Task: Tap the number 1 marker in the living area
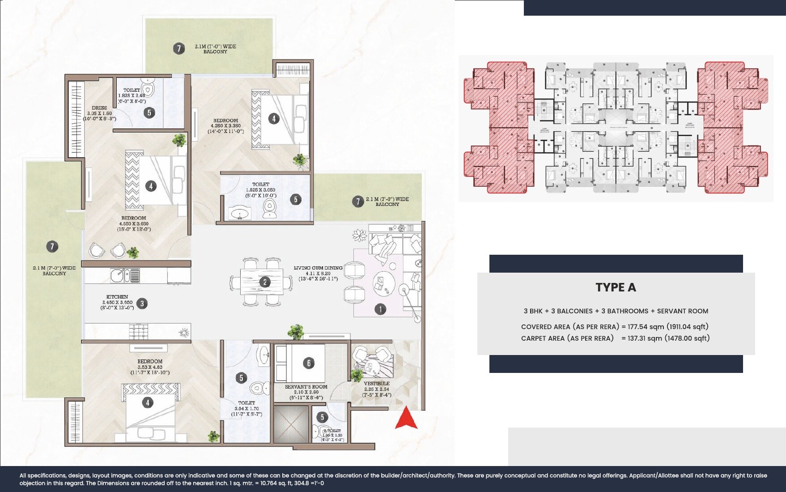(x=380, y=309)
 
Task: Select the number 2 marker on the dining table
(x=265, y=282)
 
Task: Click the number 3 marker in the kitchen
(x=142, y=304)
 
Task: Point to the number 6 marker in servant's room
(x=308, y=363)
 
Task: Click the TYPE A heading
(x=616, y=287)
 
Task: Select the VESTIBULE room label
(x=377, y=384)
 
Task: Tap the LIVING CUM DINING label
(x=318, y=268)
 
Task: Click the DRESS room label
(x=99, y=108)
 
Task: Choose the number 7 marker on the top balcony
(x=178, y=48)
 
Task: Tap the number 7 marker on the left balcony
(x=52, y=246)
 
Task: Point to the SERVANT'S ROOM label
(x=306, y=387)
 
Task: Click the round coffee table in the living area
(x=383, y=283)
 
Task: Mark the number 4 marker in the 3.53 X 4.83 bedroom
(x=148, y=403)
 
